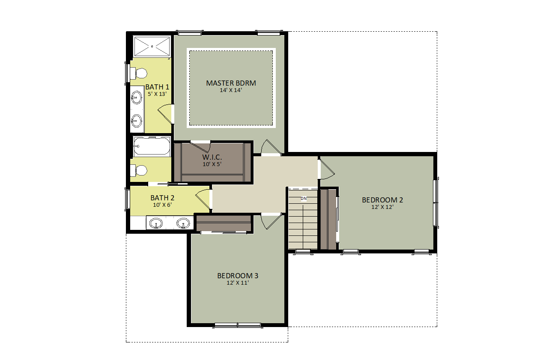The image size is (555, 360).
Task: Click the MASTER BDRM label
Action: click(x=231, y=83)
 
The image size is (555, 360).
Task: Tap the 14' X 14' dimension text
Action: click(x=231, y=90)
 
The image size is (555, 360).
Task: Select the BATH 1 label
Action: click(x=157, y=87)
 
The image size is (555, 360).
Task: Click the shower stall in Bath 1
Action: click(x=152, y=46)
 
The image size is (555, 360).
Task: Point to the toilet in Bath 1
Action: click(x=139, y=73)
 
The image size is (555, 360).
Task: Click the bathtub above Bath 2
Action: click(x=152, y=146)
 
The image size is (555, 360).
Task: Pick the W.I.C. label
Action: click(x=212, y=157)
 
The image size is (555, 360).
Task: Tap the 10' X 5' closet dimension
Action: click(x=212, y=164)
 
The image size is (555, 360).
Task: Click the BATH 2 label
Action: click(x=162, y=198)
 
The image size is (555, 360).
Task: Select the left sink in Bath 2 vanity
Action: click(x=156, y=223)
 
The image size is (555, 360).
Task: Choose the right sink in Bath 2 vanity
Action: click(x=183, y=223)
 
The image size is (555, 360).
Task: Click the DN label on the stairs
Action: click(x=304, y=199)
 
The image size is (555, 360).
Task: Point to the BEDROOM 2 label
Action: click(x=382, y=200)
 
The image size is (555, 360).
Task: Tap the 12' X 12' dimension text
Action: click(x=382, y=207)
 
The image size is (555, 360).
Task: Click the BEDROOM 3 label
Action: click(x=238, y=276)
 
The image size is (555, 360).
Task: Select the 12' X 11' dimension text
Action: click(x=238, y=283)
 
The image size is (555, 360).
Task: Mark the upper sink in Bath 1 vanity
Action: click(x=137, y=97)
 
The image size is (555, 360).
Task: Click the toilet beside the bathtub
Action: click(x=139, y=170)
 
